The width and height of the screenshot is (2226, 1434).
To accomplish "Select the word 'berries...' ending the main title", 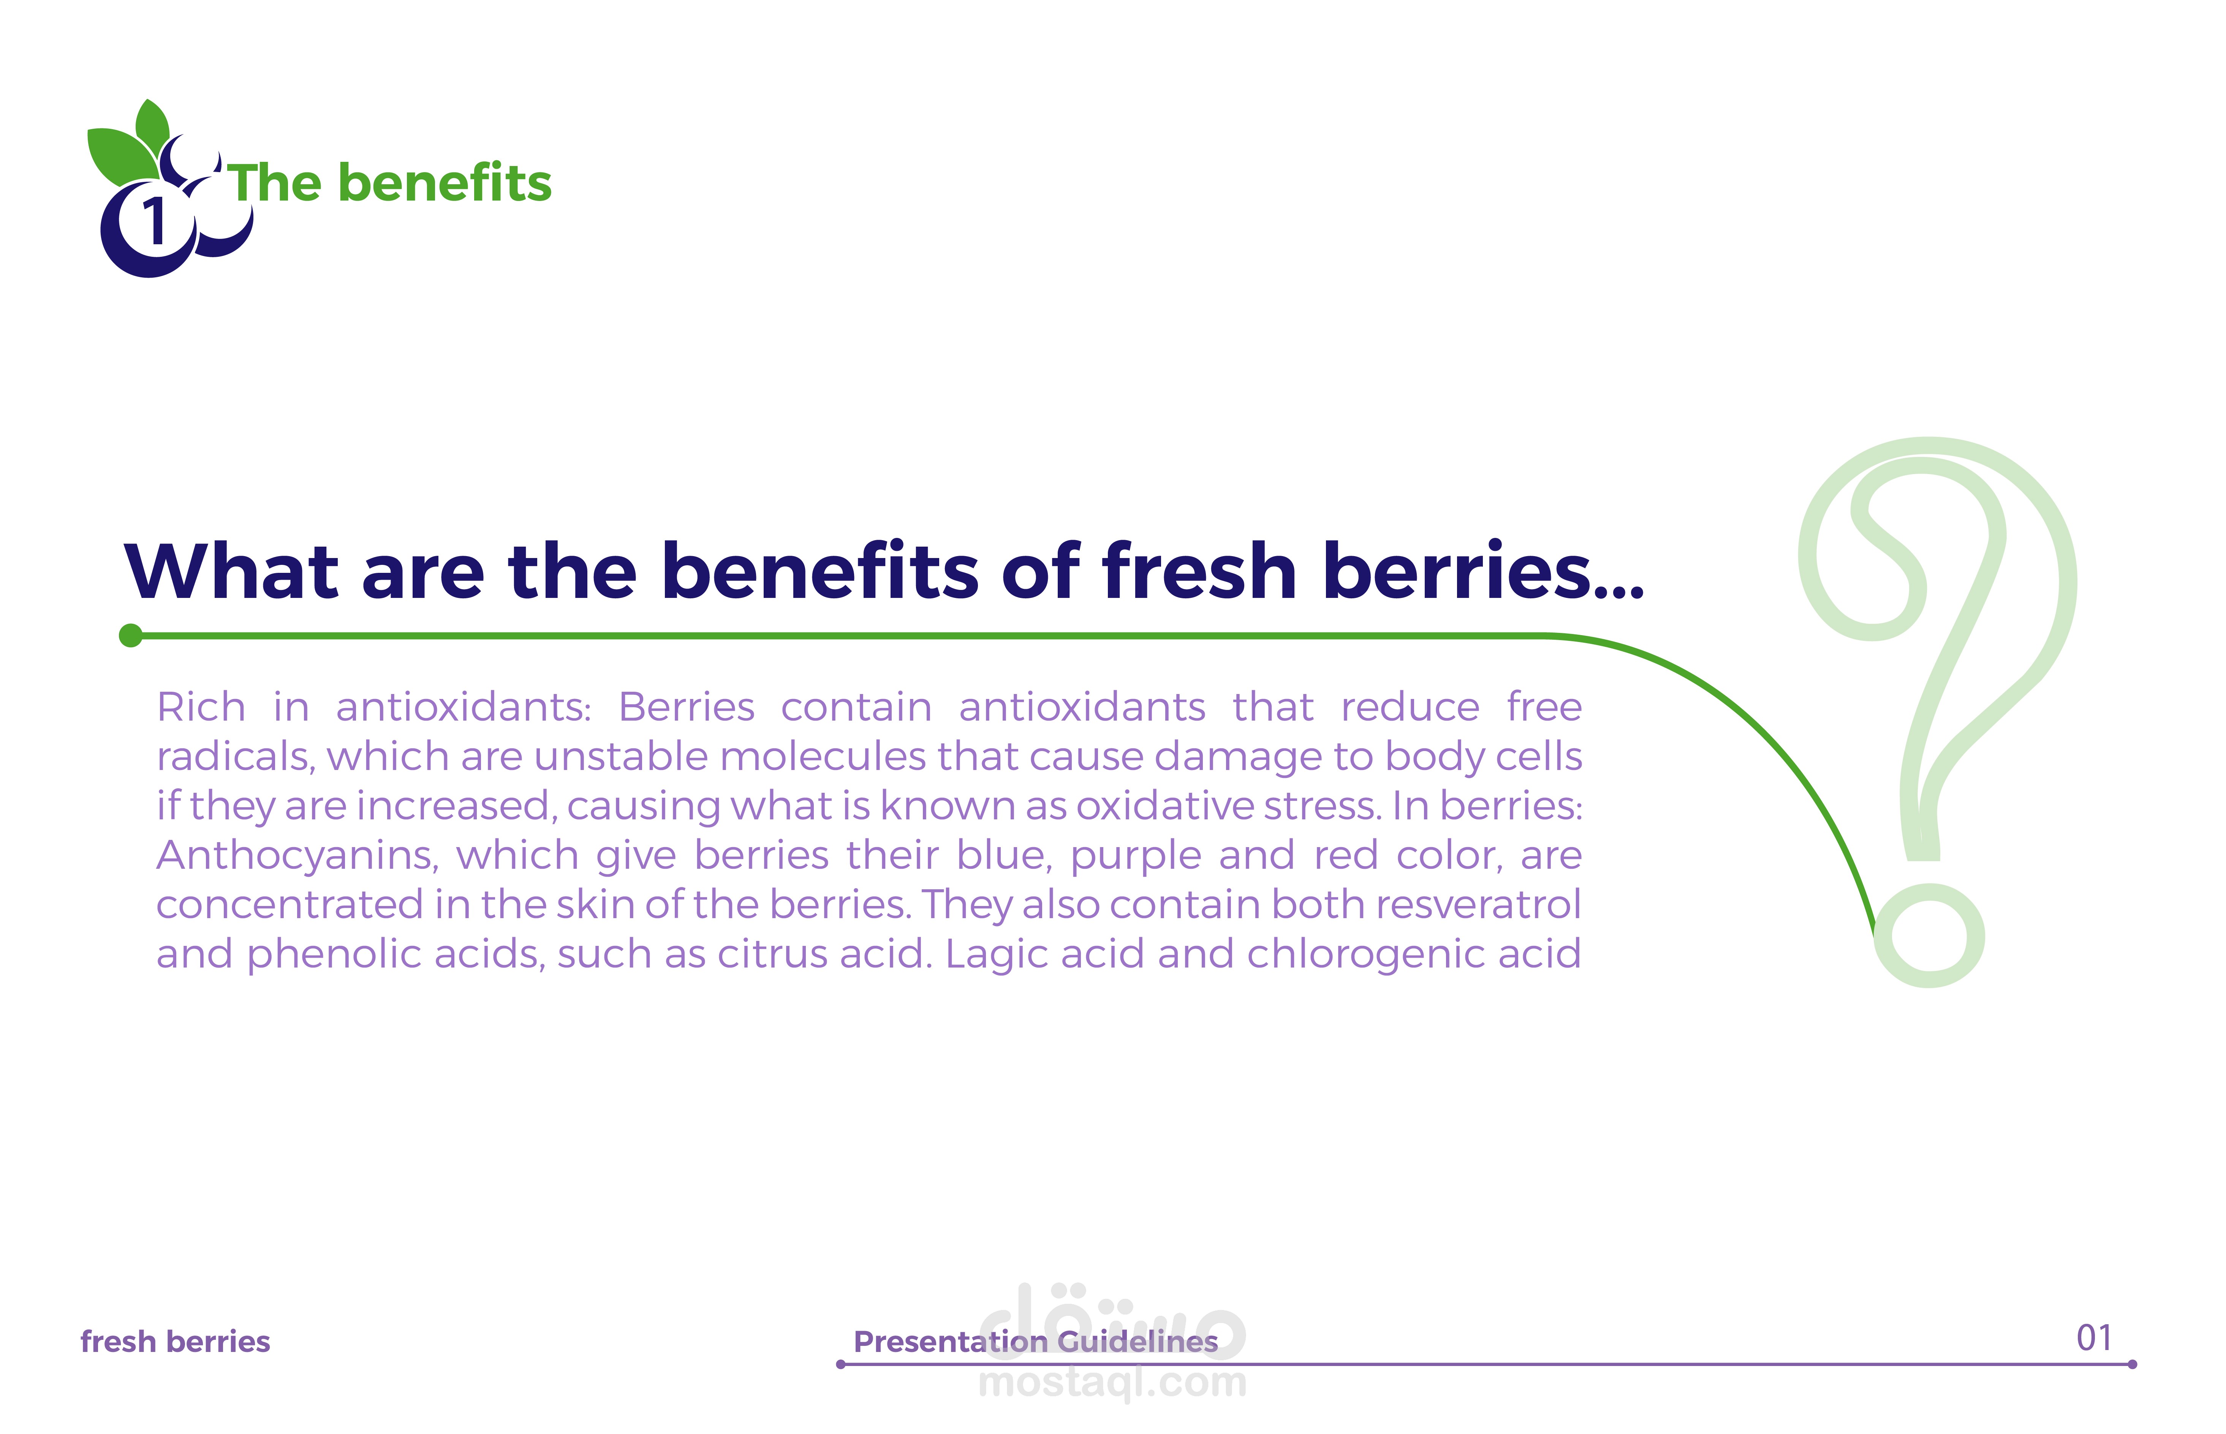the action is [1483, 571].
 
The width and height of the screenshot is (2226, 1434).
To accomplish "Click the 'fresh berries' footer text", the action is [175, 1342].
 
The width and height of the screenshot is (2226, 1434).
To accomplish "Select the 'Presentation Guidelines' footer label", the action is [1036, 1342].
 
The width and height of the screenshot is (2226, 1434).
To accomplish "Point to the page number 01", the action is [2094, 1338].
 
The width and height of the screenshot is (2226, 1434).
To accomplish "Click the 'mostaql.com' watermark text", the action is [1113, 1383].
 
